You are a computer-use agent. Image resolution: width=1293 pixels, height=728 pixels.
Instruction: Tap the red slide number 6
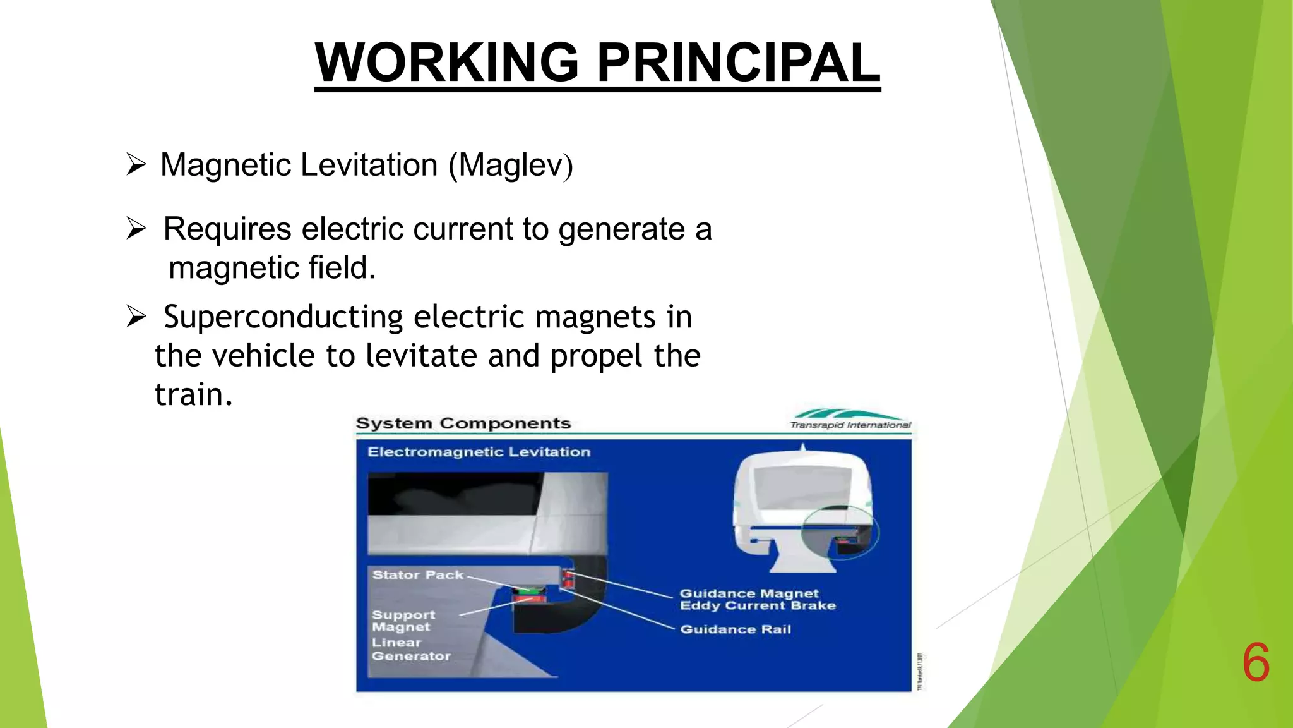(x=1256, y=662)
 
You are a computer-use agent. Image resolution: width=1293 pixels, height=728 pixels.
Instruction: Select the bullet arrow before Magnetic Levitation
(x=136, y=164)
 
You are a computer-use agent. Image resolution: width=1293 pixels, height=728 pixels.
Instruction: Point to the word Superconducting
(x=283, y=317)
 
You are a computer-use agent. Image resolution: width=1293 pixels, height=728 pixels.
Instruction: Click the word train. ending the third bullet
(x=193, y=395)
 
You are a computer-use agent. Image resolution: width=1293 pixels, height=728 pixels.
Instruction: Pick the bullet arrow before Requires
(x=136, y=228)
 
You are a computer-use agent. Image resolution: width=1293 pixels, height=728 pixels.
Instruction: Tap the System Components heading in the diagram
(x=463, y=423)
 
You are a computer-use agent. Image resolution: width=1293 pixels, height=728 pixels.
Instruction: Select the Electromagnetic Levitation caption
(x=479, y=452)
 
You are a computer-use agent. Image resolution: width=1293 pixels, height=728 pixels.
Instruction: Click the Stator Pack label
(x=417, y=575)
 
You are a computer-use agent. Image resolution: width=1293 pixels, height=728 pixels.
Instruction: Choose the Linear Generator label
(x=410, y=649)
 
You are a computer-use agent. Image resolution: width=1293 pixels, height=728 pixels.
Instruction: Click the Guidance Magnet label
(x=749, y=593)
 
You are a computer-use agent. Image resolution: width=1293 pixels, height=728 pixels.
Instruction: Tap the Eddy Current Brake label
(x=758, y=606)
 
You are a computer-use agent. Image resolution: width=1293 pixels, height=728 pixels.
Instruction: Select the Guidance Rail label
(x=736, y=629)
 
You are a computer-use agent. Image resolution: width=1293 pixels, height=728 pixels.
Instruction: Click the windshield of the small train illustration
(x=802, y=487)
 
